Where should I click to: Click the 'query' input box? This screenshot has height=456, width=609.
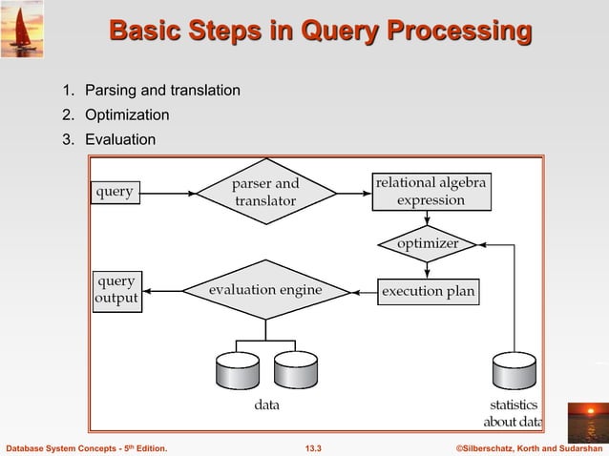115,192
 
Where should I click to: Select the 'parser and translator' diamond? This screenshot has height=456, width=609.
265,192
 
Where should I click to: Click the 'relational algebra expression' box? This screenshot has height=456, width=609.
430,192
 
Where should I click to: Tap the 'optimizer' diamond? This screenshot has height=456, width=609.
428,243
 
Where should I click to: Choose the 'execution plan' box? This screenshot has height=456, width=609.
429,290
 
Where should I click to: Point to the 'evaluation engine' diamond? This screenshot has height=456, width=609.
265,290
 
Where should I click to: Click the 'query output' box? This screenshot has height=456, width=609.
115,290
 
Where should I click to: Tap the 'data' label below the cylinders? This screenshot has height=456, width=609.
266,405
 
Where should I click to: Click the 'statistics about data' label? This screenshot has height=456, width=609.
512,414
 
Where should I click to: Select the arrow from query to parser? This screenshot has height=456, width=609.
167,193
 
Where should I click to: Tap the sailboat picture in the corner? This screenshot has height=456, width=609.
22,30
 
